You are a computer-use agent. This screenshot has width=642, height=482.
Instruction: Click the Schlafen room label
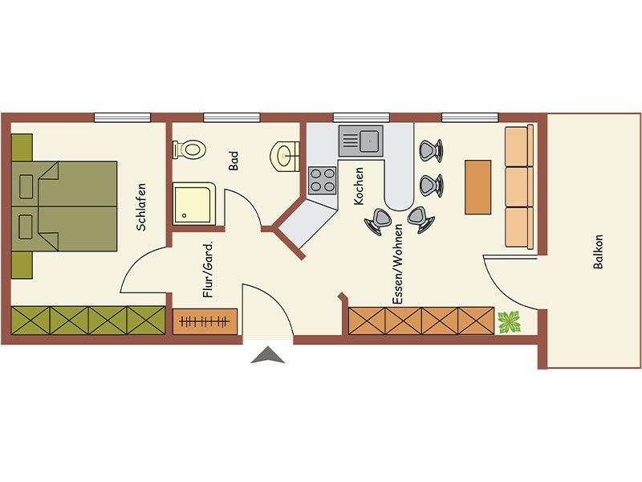coord(141,207)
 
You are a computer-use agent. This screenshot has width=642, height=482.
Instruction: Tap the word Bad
coord(233,161)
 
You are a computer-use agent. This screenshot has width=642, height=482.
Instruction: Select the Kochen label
coord(358,186)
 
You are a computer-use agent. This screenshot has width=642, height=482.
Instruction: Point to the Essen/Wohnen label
coord(397,264)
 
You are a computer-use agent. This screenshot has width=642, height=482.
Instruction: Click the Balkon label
coord(598,251)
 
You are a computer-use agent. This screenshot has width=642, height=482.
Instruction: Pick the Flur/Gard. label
coord(208,269)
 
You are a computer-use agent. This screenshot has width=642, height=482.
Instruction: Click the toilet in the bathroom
coord(189,149)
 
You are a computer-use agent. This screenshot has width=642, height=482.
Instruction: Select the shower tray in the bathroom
coord(194,204)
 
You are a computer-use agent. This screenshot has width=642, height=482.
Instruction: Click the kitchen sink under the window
coord(360,141)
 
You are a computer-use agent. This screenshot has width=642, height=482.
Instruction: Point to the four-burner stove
coord(323,180)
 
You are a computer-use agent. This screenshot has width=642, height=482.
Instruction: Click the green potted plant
coord(509,322)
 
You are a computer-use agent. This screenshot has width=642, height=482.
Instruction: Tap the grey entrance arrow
coord(268,355)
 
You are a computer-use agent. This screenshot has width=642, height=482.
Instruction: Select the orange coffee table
coord(477,187)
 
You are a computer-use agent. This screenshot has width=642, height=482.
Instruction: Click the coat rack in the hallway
coord(205,321)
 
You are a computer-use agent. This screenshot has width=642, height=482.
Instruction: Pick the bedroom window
coord(123,117)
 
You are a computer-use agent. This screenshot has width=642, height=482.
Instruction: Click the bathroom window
coord(232,117)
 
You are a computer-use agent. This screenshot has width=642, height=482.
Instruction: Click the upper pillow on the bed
coord(26,186)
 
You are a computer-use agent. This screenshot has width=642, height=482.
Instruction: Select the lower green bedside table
coord(22,265)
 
